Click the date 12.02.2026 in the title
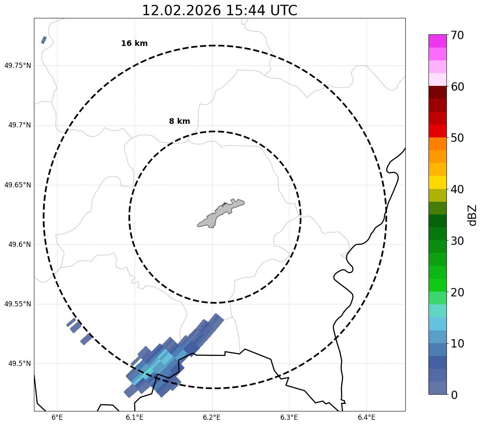[181, 11]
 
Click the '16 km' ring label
[134, 44]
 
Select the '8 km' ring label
[179, 121]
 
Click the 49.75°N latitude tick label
[18, 66]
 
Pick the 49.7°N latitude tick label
[20, 125]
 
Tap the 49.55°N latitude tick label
[18, 304]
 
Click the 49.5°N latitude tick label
[20, 363]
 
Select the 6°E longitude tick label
[58, 417]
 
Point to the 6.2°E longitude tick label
[212, 417]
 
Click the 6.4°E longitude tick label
[367, 417]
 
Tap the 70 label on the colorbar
[457, 35]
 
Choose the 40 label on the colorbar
[457, 189]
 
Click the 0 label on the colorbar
[454, 395]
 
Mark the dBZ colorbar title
[473, 215]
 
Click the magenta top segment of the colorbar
[437, 41]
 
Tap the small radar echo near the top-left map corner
[44, 40]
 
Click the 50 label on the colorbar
[457, 138]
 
